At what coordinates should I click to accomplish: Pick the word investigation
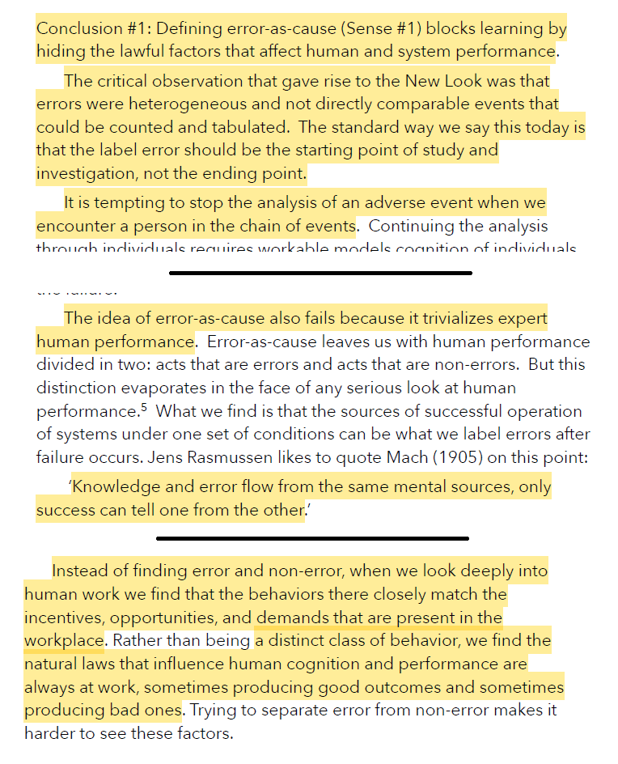click(83, 174)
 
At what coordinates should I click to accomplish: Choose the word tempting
click(138, 202)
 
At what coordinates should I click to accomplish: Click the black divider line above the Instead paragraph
click(312, 538)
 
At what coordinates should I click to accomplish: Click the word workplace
click(64, 641)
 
